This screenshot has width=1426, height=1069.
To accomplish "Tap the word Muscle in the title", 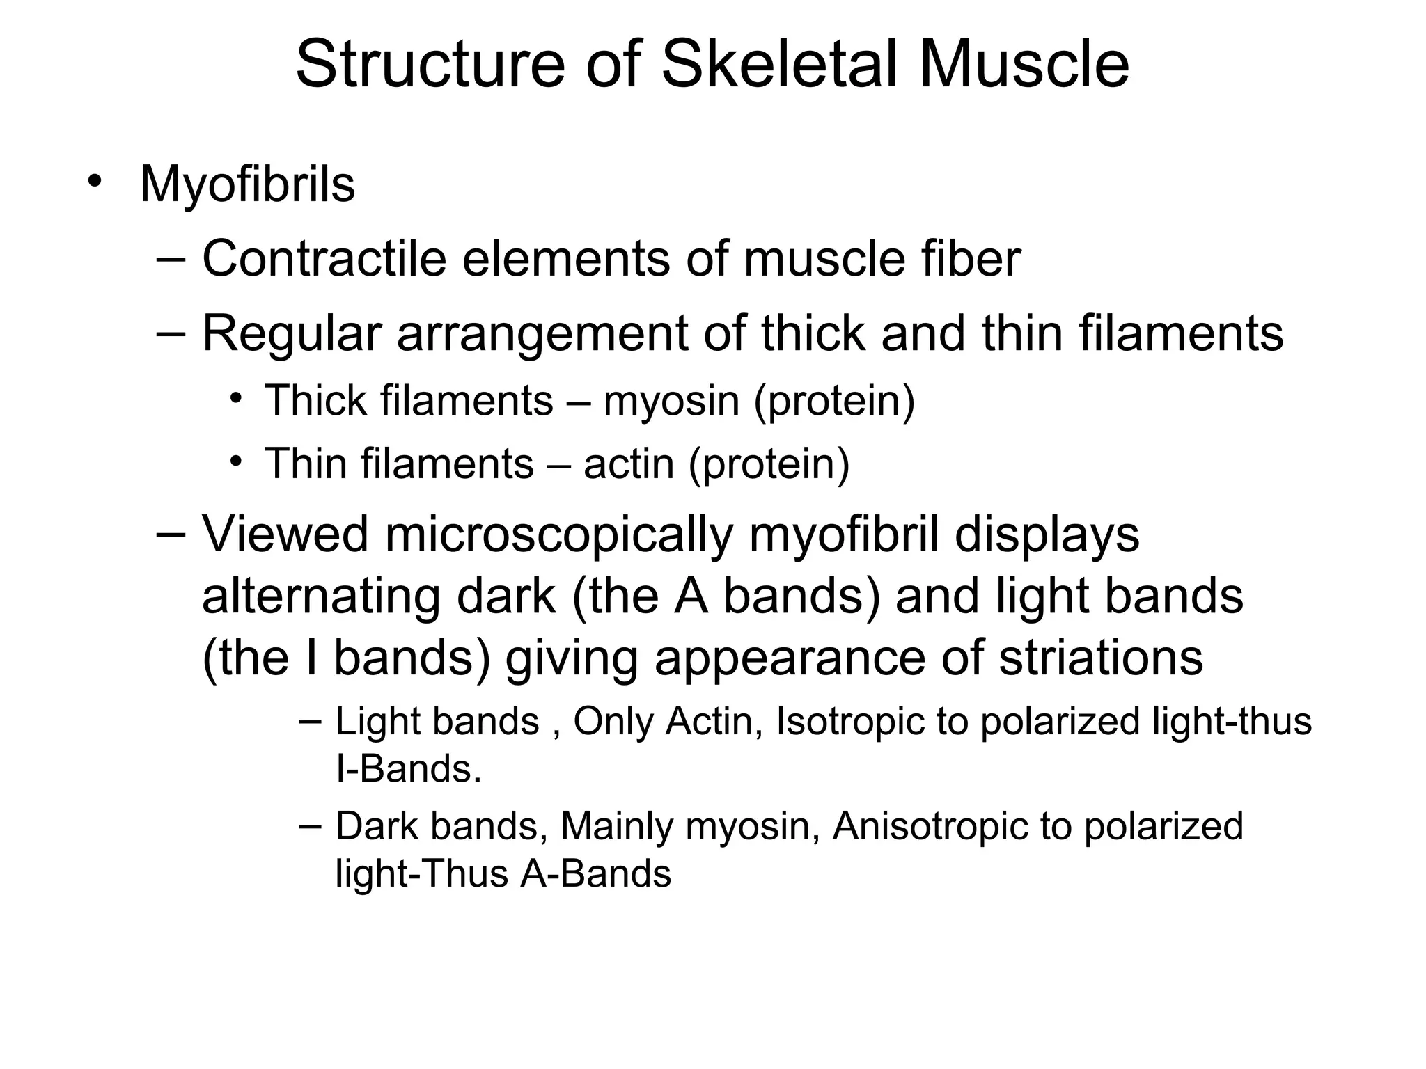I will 1024,64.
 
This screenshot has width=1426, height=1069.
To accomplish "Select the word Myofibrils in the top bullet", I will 247,184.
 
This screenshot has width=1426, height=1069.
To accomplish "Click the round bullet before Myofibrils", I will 95,182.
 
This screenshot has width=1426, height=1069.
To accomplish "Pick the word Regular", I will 292,335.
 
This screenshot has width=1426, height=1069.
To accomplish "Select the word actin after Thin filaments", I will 629,464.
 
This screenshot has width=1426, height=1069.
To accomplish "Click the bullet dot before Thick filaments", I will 237,399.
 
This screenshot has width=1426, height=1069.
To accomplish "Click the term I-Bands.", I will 409,769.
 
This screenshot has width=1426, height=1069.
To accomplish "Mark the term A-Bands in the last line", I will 596,874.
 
